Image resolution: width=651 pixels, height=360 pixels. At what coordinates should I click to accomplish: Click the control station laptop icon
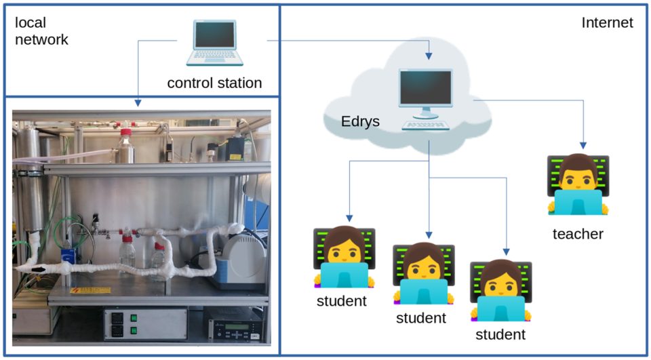[x=216, y=43]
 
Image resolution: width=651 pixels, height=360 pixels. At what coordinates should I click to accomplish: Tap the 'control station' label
[x=214, y=83]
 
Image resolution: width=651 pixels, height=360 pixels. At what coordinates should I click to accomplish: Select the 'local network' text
[x=41, y=31]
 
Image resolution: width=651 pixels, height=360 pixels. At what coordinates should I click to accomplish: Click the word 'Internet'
[x=607, y=23]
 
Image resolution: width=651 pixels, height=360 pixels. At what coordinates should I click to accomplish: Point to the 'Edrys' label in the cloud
[x=360, y=123]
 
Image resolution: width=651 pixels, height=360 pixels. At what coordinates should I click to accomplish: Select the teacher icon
[x=577, y=186]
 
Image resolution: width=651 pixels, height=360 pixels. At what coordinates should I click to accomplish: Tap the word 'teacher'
[x=578, y=235]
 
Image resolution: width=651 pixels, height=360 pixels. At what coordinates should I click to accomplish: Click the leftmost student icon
[x=344, y=258]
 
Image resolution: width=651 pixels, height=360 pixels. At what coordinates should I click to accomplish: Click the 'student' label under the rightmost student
[x=500, y=335]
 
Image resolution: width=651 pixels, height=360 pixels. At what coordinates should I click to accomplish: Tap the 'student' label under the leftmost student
[x=342, y=301]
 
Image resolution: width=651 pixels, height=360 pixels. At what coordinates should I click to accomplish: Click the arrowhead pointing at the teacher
[x=582, y=145]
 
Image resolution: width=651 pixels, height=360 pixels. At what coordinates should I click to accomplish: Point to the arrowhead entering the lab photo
[x=138, y=103]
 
